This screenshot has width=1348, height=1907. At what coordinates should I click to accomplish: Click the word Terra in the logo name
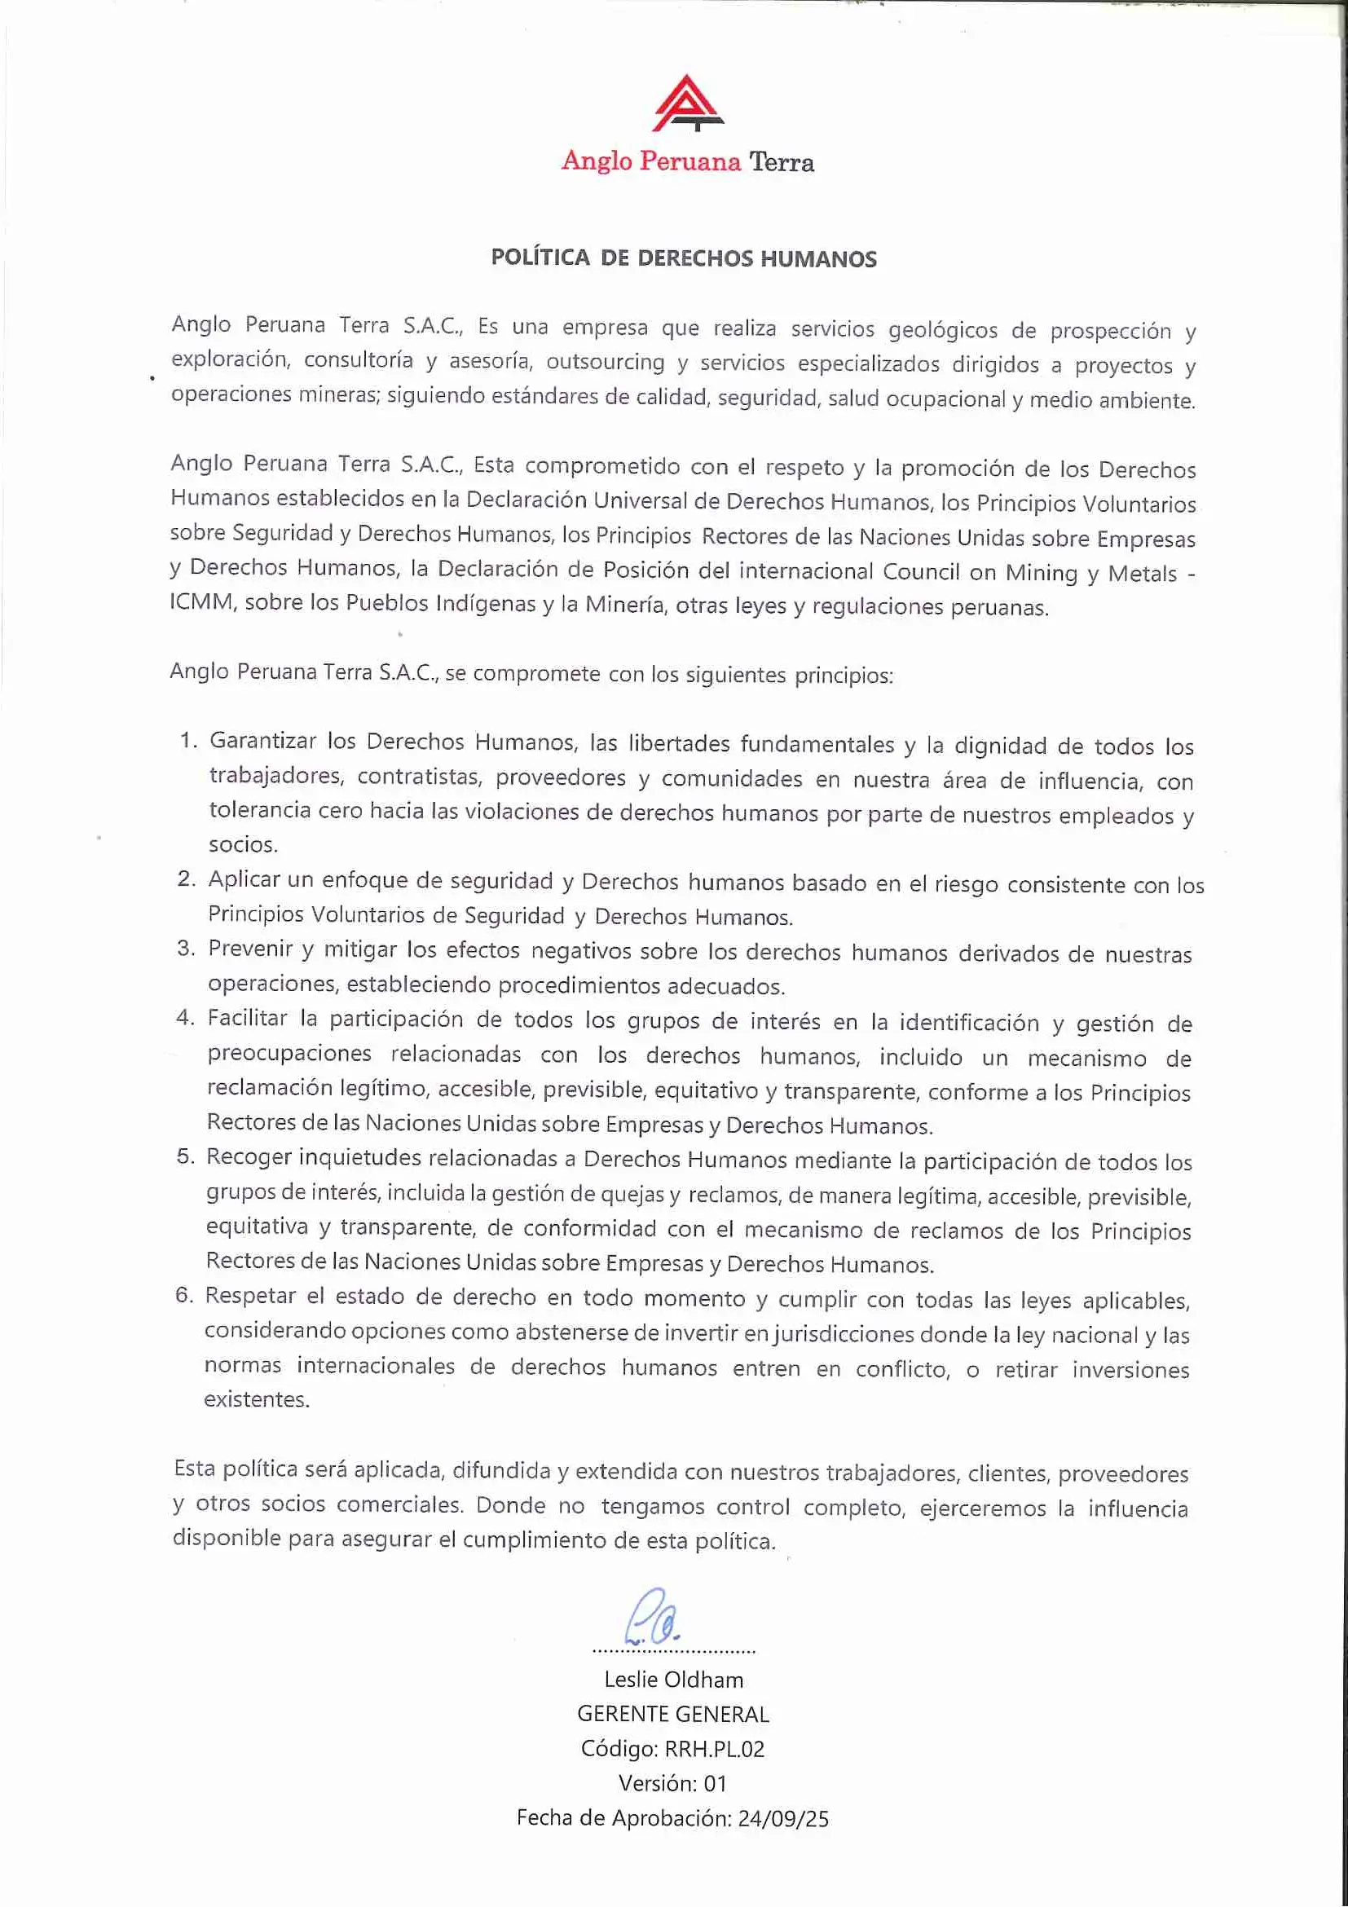781,162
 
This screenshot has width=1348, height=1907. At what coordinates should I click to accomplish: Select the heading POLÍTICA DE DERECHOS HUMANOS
684,258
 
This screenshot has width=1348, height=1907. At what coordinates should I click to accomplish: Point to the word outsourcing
606,362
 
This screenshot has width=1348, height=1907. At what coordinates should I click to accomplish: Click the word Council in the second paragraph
918,571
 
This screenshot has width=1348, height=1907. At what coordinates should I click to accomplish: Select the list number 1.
187,740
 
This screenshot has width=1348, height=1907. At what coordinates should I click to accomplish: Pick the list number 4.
184,1017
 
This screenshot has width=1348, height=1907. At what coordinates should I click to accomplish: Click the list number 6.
183,1295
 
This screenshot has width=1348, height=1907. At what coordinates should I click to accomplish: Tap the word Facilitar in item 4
247,1018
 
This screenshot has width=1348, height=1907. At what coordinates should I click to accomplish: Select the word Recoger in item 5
247,1156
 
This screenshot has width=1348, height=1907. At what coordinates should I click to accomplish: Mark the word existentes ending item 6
257,1399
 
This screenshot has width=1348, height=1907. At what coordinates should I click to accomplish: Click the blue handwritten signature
654,1618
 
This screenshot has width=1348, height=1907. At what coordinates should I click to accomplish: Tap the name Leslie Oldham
673,1680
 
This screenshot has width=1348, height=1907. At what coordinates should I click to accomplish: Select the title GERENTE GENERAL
672,1715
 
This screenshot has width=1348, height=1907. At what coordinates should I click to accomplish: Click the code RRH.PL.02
713,1749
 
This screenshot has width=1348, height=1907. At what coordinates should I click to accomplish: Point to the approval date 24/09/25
782,1819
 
